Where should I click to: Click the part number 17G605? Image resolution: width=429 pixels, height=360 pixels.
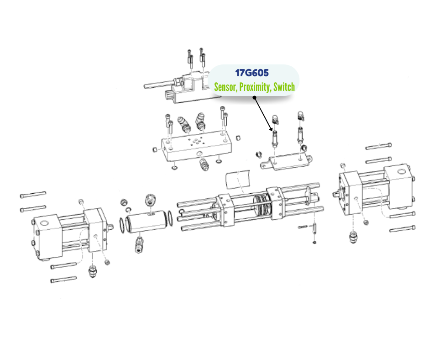252,73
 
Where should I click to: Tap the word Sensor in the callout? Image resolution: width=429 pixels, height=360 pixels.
225,87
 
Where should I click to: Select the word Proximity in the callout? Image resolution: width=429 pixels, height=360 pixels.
255,87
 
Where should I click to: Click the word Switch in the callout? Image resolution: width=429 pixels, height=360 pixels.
284,87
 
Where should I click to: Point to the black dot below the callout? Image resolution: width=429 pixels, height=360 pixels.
254,97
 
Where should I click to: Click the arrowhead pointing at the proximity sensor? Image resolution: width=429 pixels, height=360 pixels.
271,128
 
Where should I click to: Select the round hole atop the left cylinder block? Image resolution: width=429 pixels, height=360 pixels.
45,222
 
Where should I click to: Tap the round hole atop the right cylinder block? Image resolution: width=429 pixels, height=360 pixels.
401,172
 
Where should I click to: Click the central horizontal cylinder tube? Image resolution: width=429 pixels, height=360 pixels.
147,222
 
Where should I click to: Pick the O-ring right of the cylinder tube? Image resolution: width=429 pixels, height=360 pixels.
170,218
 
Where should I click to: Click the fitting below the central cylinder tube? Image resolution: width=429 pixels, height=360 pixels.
139,244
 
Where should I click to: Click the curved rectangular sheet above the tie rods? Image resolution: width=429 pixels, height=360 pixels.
238,179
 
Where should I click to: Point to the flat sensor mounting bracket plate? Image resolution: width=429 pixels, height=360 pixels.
286,162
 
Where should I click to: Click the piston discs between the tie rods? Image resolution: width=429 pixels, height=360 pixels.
262,205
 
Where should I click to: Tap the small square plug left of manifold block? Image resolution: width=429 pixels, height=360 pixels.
155,149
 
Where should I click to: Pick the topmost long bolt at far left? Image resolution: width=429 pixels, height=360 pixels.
33,194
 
